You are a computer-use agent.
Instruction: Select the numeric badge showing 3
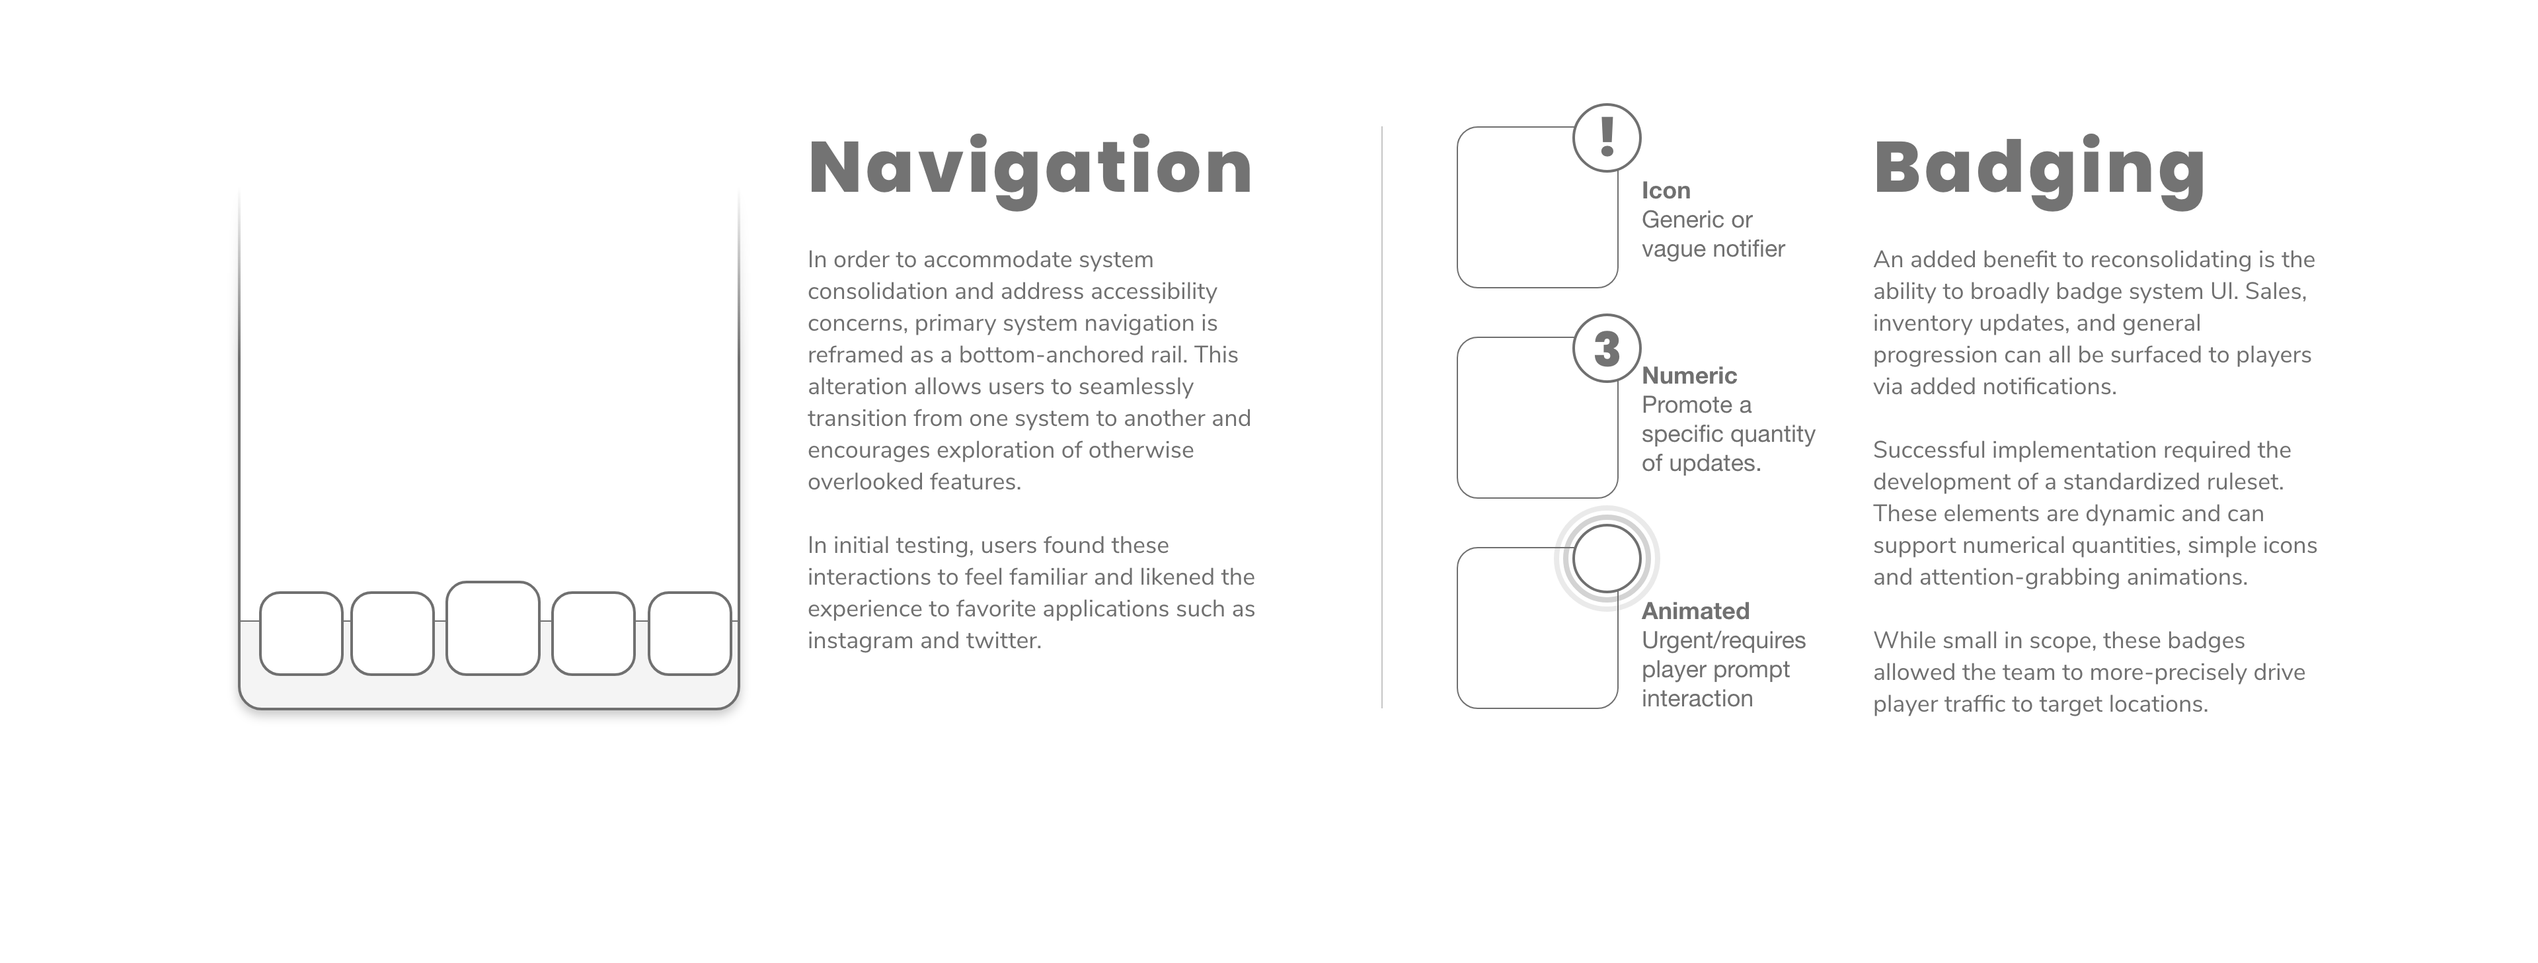1606,348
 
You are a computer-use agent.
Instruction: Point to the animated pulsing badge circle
1606,558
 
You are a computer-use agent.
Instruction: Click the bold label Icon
1665,190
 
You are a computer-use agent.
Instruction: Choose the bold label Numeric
1689,376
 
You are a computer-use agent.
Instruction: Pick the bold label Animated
1695,611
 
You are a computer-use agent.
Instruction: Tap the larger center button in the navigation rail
492,628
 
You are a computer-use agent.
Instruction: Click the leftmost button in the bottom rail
301,633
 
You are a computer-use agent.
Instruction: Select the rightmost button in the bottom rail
689,633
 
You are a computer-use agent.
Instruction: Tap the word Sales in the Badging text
2275,292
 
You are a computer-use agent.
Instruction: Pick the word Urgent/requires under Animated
1723,641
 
